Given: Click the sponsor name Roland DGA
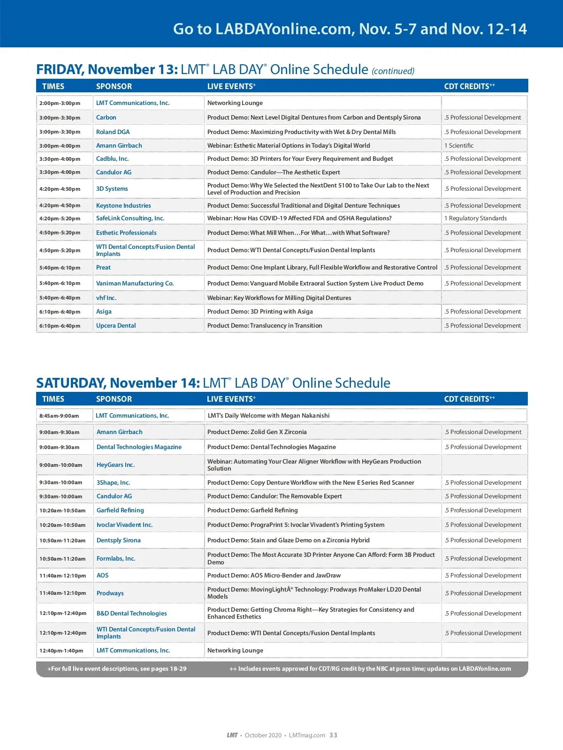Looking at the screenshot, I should point(113,132).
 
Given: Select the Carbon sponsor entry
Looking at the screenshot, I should point(106,118).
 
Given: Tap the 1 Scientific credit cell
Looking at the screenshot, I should point(459,146).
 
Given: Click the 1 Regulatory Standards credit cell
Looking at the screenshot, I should point(475,218).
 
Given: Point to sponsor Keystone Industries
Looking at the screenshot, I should point(123,206).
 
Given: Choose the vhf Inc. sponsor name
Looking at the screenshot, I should point(106,298).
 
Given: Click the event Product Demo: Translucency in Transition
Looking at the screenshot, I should point(265,326).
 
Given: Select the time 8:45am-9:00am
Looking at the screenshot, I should point(59,416).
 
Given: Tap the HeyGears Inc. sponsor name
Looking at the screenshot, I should point(115,465).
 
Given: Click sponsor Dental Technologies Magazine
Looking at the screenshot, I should point(139,447).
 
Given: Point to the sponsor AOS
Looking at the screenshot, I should point(102,576).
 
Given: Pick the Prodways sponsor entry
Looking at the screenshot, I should point(110,593).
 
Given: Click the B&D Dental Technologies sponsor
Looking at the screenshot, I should point(131,614).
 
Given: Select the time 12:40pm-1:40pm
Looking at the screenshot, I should point(61,651).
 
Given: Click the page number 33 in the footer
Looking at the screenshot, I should point(333,735).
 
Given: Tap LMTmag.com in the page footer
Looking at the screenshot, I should point(307,735).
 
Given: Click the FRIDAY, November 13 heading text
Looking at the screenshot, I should point(107,70).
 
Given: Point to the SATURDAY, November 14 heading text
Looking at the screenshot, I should point(118,383).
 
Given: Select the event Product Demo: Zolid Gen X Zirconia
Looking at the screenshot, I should point(257,432).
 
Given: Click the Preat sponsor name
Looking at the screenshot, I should point(103,268).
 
